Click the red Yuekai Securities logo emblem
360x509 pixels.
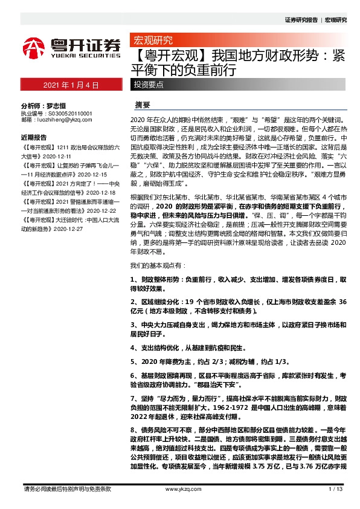point(34,47)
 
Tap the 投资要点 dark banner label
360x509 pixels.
point(149,85)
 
